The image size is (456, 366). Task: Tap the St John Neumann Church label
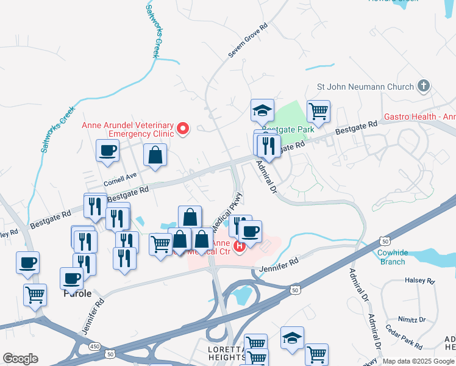[x=365, y=87]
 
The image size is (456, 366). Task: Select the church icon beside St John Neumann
[x=424, y=87]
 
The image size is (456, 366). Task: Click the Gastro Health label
[x=419, y=116]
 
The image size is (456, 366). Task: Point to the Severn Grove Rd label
[x=248, y=41]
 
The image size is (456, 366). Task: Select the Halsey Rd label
[x=419, y=281]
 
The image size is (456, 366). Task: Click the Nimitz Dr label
[x=413, y=319]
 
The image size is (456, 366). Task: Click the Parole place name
[x=77, y=293]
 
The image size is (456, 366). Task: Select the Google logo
[x=20, y=359]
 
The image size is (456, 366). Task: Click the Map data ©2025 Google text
[x=418, y=361]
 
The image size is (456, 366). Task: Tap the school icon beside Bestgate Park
[x=261, y=110]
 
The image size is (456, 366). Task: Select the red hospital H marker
[x=240, y=246]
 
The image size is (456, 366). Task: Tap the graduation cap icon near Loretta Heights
[x=292, y=337]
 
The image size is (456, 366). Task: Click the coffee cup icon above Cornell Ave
[x=108, y=150]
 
